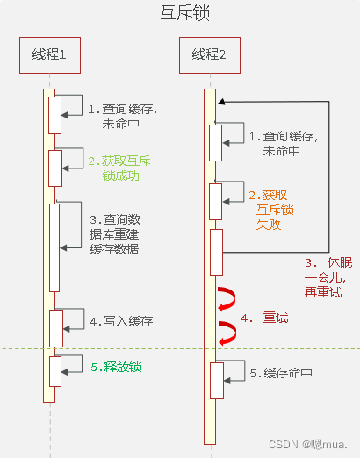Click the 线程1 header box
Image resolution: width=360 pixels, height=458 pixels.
[49, 57]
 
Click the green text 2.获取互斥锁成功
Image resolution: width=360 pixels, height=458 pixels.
[120, 168]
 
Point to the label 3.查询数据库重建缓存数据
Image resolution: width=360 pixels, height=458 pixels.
[120, 233]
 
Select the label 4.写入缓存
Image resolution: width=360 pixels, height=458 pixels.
[121, 322]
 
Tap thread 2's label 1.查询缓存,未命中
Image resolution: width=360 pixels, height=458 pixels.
[281, 143]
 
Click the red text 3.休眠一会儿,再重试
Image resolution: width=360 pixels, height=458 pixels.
[324, 277]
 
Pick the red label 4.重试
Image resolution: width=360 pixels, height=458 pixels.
[270, 318]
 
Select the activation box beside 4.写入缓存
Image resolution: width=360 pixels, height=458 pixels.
[55, 327]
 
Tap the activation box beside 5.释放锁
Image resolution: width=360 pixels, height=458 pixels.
[55, 370]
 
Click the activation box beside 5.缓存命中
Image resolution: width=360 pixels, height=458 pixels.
[216, 380]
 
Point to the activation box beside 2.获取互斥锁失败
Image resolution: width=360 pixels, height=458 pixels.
[216, 201]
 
